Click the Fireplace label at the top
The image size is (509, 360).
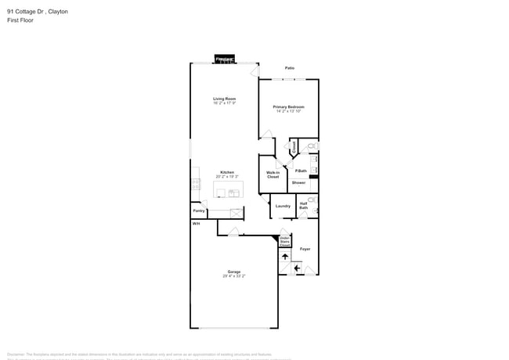click(x=225, y=59)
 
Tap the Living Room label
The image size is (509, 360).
click(x=225, y=99)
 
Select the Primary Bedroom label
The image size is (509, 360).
click(x=288, y=107)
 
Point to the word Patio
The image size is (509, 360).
click(x=290, y=68)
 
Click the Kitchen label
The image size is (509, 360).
click(x=226, y=172)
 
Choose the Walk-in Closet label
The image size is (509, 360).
click(x=273, y=175)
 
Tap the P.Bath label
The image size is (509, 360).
click(x=301, y=171)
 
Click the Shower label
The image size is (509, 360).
click(x=299, y=182)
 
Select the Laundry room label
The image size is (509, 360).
click(x=283, y=206)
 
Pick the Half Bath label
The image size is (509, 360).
click(x=303, y=206)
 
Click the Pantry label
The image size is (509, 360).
click(x=199, y=211)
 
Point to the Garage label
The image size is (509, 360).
click(x=233, y=272)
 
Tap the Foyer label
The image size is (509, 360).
click(x=305, y=249)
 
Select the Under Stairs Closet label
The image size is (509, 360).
click(x=284, y=241)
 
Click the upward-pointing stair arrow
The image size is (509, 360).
click(x=285, y=256)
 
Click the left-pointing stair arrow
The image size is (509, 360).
click(x=297, y=268)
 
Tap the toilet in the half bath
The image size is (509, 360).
click(x=312, y=200)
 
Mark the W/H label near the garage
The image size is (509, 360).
click(x=196, y=223)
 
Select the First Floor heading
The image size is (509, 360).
click(x=20, y=20)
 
